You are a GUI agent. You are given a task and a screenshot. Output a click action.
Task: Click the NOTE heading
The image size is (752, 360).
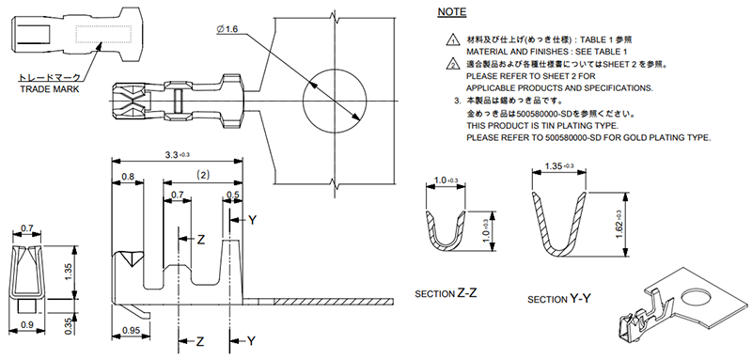[x=452, y=12]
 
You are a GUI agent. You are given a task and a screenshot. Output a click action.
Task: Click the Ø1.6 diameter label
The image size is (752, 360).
[x=227, y=30]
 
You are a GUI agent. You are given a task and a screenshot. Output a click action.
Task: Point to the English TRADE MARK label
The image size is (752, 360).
[x=50, y=89]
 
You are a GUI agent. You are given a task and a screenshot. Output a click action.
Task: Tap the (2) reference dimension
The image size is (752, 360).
[x=203, y=176]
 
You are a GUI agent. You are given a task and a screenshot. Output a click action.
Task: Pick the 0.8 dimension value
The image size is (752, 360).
[x=128, y=177]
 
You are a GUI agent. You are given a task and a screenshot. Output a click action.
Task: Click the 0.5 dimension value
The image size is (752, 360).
[x=232, y=195]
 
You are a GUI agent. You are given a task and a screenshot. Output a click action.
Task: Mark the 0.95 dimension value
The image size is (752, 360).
[x=131, y=330]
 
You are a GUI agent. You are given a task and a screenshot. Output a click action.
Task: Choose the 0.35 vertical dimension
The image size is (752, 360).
[x=69, y=324]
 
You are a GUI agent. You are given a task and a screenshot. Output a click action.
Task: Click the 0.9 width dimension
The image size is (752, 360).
[x=26, y=324]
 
